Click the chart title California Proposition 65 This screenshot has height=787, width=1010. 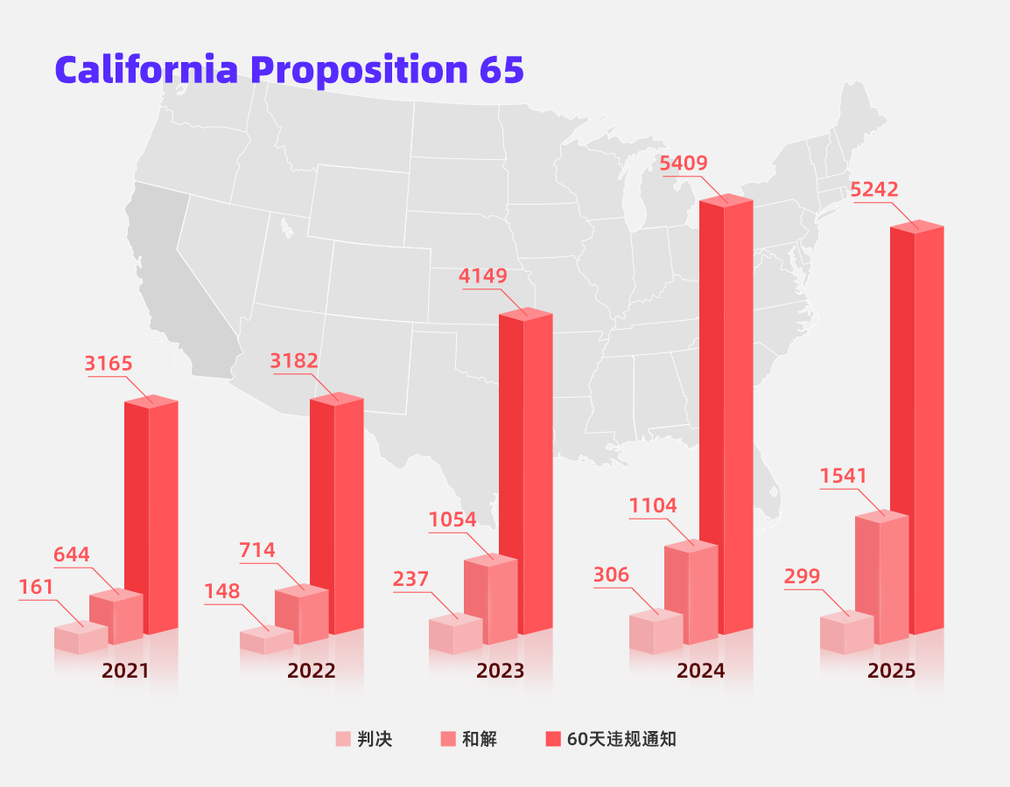coord(289,69)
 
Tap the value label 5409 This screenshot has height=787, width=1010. coord(684,164)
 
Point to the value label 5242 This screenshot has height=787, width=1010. coord(874,190)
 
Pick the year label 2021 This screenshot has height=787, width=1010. coord(125,671)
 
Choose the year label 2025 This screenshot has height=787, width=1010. coord(891,671)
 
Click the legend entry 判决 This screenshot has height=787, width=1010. coord(365,739)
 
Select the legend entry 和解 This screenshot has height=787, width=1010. coord(469,739)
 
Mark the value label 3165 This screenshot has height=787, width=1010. coord(109,364)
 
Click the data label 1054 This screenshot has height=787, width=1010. coord(452,519)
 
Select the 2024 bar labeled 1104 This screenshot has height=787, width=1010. coord(691,595)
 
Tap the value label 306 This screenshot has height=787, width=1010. coord(611,575)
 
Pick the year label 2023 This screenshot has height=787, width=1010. coord(500,671)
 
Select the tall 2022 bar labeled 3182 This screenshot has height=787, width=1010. coord(337,516)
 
